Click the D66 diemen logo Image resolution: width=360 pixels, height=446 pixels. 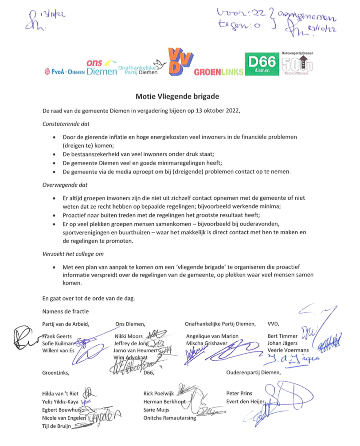click(x=262, y=64)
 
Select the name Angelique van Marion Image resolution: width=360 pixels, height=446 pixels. click(x=212, y=336)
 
